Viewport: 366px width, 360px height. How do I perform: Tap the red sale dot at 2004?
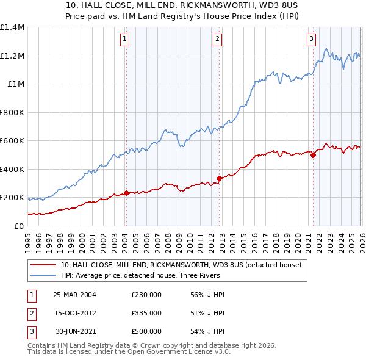126,193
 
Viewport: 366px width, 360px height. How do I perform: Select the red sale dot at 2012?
218,178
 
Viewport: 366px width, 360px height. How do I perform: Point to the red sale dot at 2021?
313,155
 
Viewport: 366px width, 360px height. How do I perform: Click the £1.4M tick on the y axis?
12,27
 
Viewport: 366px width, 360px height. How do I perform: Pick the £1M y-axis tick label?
15,84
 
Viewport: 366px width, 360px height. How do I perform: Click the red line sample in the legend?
44,265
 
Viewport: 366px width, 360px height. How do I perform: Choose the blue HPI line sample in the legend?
44,275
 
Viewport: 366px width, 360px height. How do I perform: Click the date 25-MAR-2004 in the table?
74,294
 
